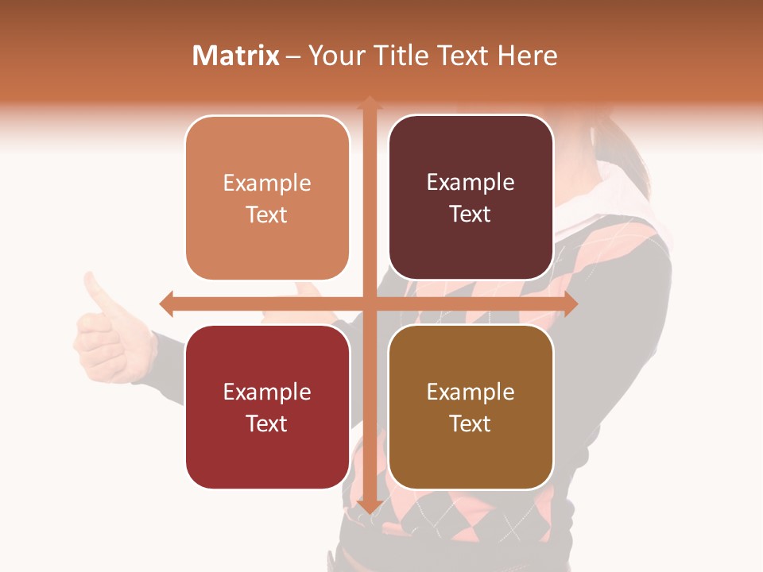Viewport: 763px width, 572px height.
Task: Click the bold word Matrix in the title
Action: pyautogui.click(x=235, y=56)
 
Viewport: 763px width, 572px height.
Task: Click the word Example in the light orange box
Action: pyautogui.click(x=267, y=184)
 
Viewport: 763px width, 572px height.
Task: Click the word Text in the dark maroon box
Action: pyautogui.click(x=471, y=214)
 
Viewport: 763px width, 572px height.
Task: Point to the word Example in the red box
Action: pyautogui.click(x=267, y=392)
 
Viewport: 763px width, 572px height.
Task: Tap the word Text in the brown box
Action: pyautogui.click(x=471, y=423)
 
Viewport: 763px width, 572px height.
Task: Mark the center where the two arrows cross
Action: pyautogui.click(x=369, y=303)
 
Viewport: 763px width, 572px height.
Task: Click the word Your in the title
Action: pyautogui.click(x=335, y=56)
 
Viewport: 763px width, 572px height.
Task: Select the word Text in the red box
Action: pyautogui.click(x=267, y=423)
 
